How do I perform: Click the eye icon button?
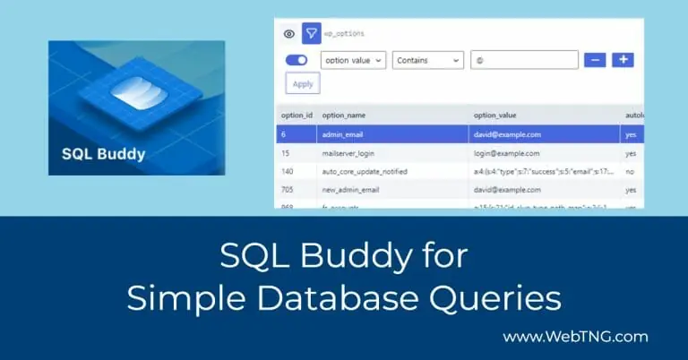click(288, 34)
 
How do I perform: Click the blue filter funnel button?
click(312, 34)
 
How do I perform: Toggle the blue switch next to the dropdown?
click(296, 60)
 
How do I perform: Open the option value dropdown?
click(353, 60)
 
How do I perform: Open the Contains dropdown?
click(428, 60)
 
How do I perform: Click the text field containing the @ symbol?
click(524, 60)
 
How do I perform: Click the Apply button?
click(303, 83)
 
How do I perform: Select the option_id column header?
click(297, 116)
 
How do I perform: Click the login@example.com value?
click(507, 153)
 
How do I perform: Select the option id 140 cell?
click(288, 172)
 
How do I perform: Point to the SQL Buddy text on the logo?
click(103, 153)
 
